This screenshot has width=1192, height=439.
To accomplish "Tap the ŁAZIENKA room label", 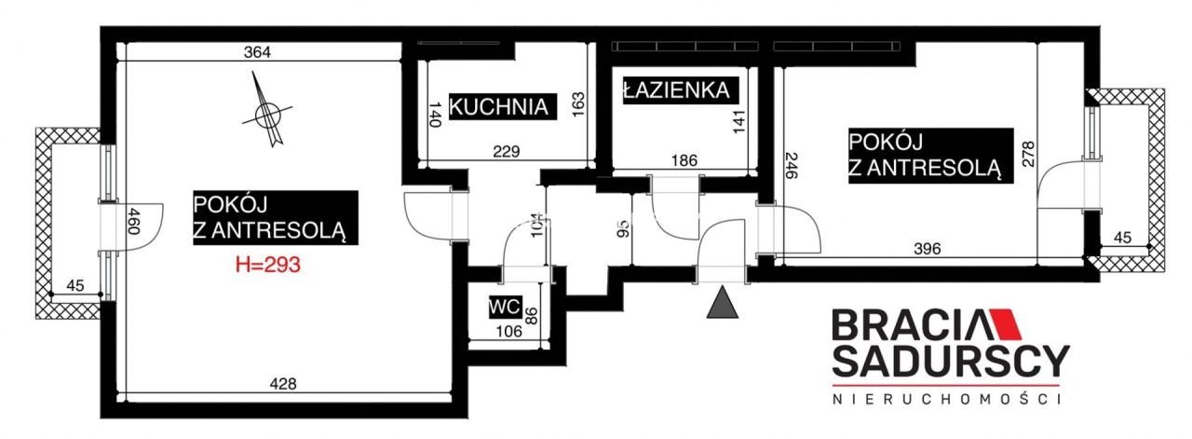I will coord(680,90).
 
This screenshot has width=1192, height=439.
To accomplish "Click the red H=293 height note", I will coord(267,265).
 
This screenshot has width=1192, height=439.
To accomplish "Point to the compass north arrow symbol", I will coord(268,114).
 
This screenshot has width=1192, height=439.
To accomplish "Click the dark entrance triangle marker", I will coord(723,305).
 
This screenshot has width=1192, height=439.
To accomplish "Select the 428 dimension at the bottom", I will coord(282,383).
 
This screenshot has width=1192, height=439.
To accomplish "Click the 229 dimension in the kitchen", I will coord(505,152).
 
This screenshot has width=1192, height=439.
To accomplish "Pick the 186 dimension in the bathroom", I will coord(684,160).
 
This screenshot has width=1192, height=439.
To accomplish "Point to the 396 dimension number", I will coord(927,248).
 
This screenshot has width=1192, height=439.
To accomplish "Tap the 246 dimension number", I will coord(792,164).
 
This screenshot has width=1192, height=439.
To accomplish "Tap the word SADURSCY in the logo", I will coord(950,360).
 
